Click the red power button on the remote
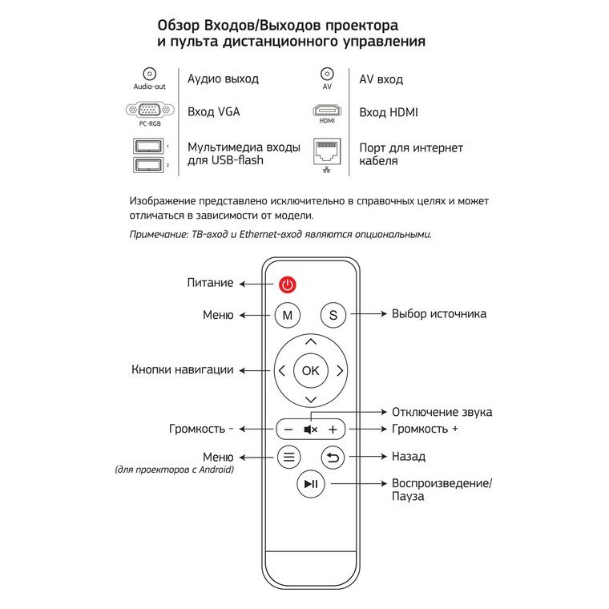pyautogui.click(x=288, y=284)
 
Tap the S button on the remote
pyautogui.click(x=333, y=315)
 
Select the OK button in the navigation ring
pyautogui.click(x=310, y=370)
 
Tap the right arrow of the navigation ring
pyautogui.click(x=340, y=370)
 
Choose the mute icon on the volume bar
pyautogui.click(x=311, y=430)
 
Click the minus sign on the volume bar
pyautogui.click(x=288, y=430)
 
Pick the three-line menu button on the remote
pyautogui.click(x=288, y=458)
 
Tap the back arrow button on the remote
pyautogui.click(x=333, y=458)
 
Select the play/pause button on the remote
pyautogui.click(x=310, y=484)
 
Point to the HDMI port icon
pyautogui.click(x=327, y=111)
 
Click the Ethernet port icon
pyautogui.click(x=327, y=151)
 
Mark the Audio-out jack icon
pyautogui.click(x=148, y=74)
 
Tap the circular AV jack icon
pyautogui.click(x=327, y=74)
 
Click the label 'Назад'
pyautogui.click(x=408, y=457)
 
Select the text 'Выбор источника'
pyautogui.click(x=438, y=314)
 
